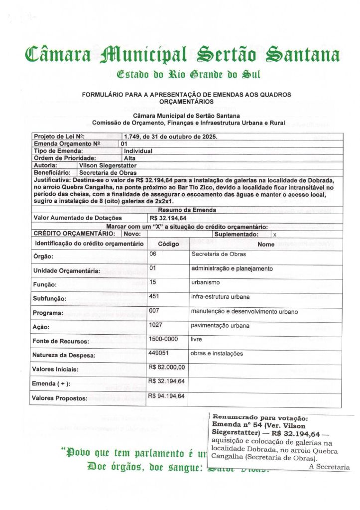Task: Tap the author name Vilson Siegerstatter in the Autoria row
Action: (108, 165)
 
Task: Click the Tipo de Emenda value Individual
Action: (138, 151)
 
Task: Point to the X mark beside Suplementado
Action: (275, 234)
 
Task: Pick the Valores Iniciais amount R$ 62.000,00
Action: (167, 368)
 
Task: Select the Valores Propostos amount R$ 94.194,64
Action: (167, 396)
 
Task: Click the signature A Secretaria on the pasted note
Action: (329, 467)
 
